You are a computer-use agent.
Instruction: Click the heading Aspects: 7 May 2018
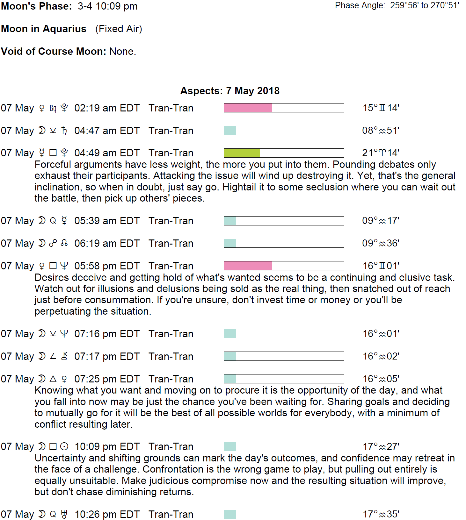pyautogui.click(x=230, y=91)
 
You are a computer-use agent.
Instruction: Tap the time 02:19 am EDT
pyautogui.click(x=107, y=108)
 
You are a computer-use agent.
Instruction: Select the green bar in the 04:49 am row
pyautogui.click(x=242, y=153)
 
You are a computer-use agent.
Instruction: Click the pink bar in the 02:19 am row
pyautogui.click(x=248, y=108)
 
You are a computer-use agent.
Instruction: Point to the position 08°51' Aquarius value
pyautogui.click(x=381, y=131)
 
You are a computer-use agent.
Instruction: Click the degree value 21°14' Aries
pyautogui.click(x=381, y=153)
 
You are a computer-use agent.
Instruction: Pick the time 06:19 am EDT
pyautogui.click(x=107, y=243)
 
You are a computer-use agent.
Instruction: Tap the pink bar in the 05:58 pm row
pyautogui.click(x=248, y=266)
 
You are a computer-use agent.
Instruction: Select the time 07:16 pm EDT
pyautogui.click(x=107, y=334)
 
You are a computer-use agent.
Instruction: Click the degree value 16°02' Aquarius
pyautogui.click(x=381, y=356)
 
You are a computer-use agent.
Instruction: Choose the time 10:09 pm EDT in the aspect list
pyautogui.click(x=107, y=446)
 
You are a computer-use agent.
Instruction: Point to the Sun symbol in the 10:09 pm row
pyautogui.click(x=64, y=446)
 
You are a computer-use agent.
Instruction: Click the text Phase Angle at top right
pyautogui.click(x=360, y=5)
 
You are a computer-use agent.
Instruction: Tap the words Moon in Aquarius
pyautogui.click(x=44, y=29)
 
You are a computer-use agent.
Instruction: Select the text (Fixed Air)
pyautogui.click(x=119, y=29)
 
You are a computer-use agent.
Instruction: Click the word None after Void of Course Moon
pyautogui.click(x=122, y=51)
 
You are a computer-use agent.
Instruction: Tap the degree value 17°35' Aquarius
pyautogui.click(x=381, y=514)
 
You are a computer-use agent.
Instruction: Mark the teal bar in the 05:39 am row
pyautogui.click(x=230, y=221)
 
